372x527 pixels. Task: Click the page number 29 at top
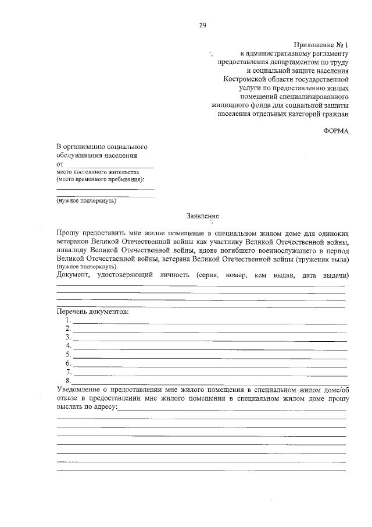(x=202, y=25)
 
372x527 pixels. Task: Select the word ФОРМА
(x=336, y=131)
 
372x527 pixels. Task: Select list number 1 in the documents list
(x=69, y=320)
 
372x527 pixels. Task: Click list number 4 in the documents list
(x=69, y=345)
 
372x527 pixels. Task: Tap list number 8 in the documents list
(x=69, y=380)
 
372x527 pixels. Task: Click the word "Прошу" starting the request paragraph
(x=69, y=232)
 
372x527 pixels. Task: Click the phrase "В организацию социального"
(x=102, y=147)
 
